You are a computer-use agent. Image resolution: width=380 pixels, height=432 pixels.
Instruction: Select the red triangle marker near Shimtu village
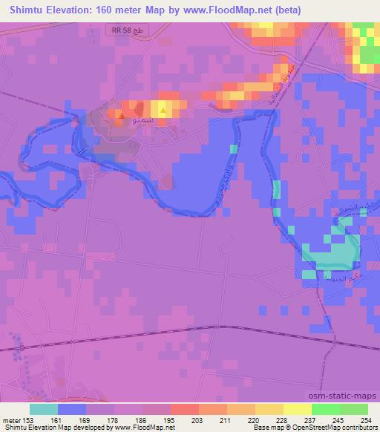click(x=119, y=115)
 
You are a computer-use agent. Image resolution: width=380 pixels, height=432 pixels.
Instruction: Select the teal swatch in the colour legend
click(x=44, y=408)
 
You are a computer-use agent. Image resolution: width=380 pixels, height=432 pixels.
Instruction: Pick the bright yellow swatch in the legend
click(x=298, y=408)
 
